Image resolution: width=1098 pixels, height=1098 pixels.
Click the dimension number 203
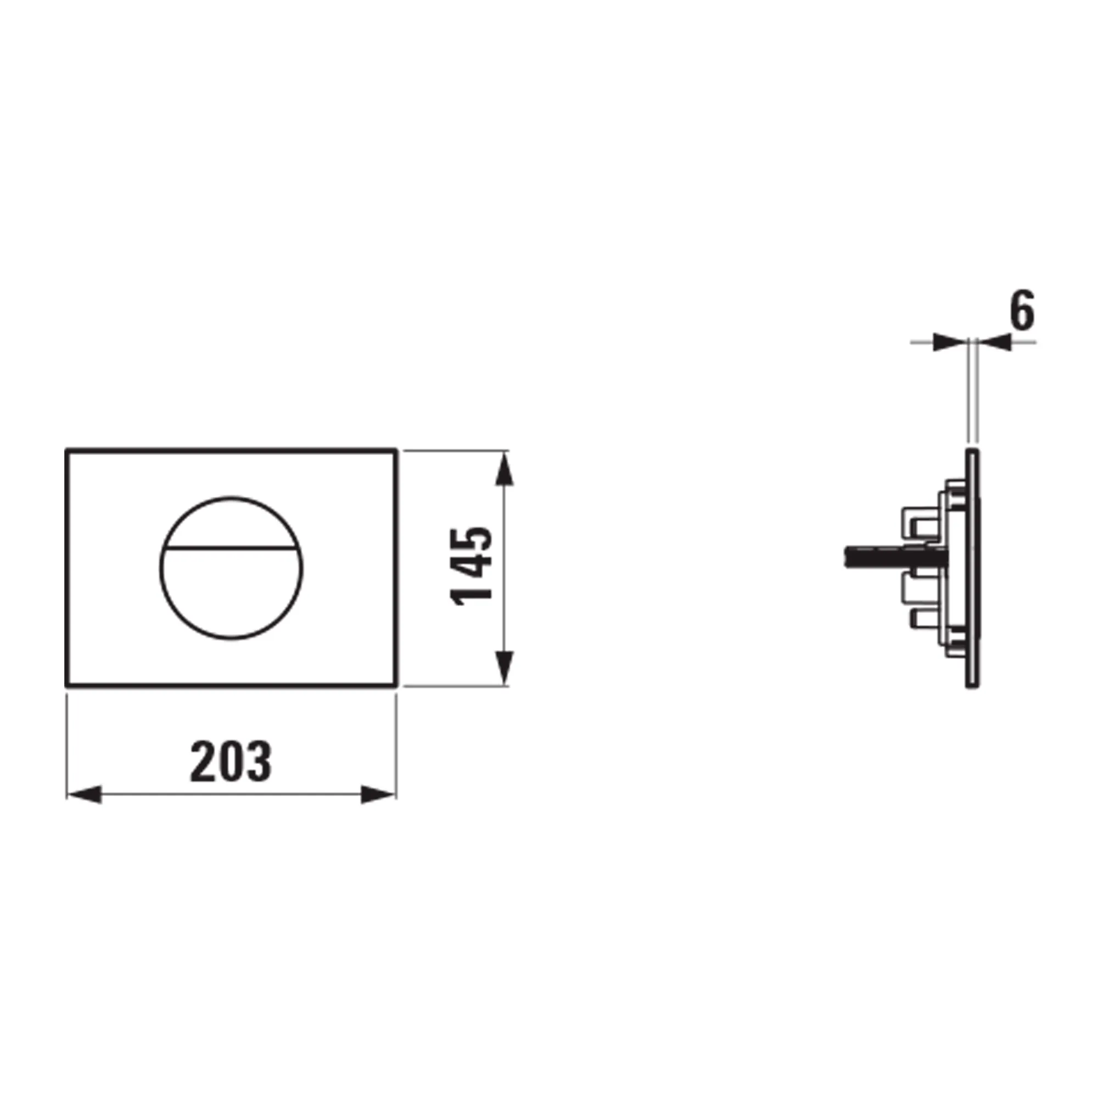pyautogui.click(x=231, y=761)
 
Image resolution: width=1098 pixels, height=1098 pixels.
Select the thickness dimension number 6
pyautogui.click(x=1021, y=312)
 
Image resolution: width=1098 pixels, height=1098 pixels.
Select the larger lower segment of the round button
pyautogui.click(x=231, y=594)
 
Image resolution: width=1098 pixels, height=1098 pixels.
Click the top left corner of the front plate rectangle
pyautogui.click(x=67, y=450)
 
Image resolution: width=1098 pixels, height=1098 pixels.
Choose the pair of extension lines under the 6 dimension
pyautogui.click(x=972, y=392)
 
